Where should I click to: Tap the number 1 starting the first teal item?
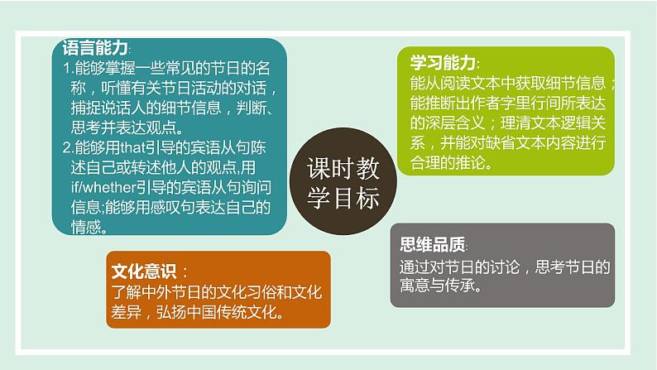[67, 68]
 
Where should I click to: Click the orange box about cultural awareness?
[218, 290]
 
